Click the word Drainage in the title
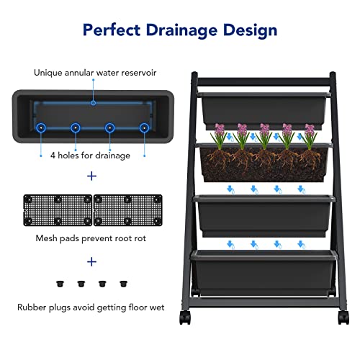pyautogui.click(x=181, y=31)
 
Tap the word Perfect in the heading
pyautogui.click(x=112, y=30)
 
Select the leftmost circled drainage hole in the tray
pyautogui.click(x=41, y=128)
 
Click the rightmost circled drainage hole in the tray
pyautogui.click(x=144, y=128)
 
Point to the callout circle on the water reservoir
pyautogui.click(x=94, y=103)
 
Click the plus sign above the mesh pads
pyautogui.click(x=91, y=176)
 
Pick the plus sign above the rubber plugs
pyautogui.click(x=91, y=261)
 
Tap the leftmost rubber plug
pyautogui.click(x=60, y=284)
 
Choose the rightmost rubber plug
pyautogui.click(x=123, y=284)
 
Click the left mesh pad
pyautogui.click(x=58, y=210)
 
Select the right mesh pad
pyautogui.click(x=127, y=210)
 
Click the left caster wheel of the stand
pyautogui.click(x=185, y=318)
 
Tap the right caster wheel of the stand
pyautogui.click(x=343, y=318)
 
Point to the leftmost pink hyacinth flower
pyautogui.click(x=220, y=130)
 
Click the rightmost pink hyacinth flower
pyautogui.click(x=310, y=130)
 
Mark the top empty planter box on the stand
pyautogui.click(x=264, y=110)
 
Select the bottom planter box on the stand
pyautogui.click(x=264, y=273)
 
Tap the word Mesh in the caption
pyautogui.click(x=46, y=238)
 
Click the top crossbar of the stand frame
pyautogui.click(x=264, y=82)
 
